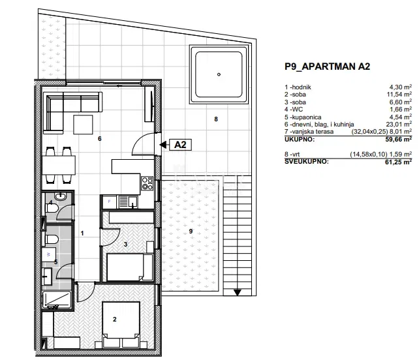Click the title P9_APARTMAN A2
click(x=328, y=67)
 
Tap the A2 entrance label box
click(x=180, y=145)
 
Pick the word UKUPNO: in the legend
click(x=300, y=139)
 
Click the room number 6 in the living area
click(x=100, y=139)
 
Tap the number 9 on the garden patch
click(x=191, y=231)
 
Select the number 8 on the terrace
click(x=216, y=119)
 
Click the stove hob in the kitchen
click(x=147, y=183)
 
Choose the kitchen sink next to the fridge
click(x=129, y=202)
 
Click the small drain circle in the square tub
click(x=219, y=74)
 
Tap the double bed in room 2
click(x=121, y=325)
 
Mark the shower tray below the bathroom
click(x=57, y=300)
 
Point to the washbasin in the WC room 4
click(x=61, y=196)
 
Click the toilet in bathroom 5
click(x=52, y=239)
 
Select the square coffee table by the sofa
click(x=83, y=125)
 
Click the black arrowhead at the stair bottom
click(x=238, y=292)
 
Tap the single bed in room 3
click(x=130, y=267)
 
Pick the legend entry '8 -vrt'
click(x=292, y=155)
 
